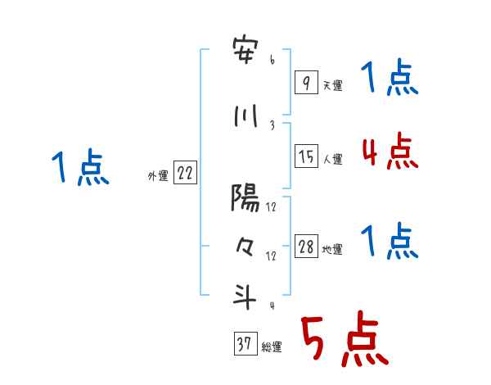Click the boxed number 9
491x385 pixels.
305,82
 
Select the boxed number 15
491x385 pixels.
305,156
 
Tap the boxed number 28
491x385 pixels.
305,247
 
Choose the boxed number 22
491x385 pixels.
185,174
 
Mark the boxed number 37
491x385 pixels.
244,346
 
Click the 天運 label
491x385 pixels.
331,85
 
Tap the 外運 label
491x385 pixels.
157,176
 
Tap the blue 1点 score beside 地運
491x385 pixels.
390,242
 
